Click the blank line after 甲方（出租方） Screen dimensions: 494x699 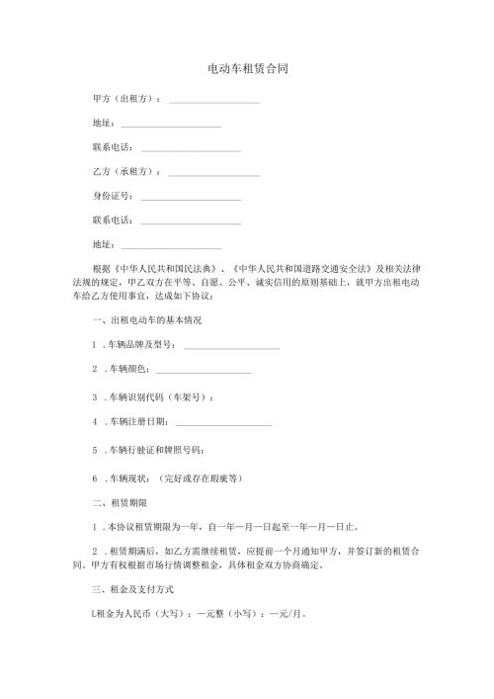pos(214,101)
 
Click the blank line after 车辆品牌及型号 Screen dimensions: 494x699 pos(231,347)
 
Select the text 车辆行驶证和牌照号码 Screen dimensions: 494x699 pos(155,450)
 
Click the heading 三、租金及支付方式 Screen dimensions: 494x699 pos(134,588)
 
